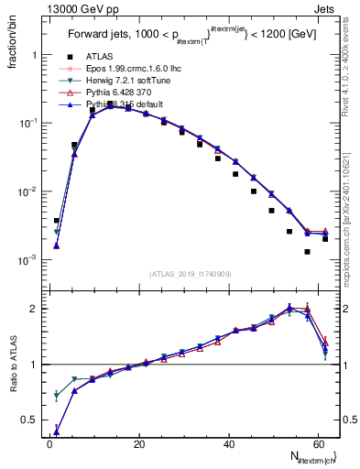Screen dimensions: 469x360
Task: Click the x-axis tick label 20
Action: click(x=138, y=444)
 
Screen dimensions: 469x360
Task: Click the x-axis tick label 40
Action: click(x=227, y=444)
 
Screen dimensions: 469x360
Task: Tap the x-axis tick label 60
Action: click(x=316, y=444)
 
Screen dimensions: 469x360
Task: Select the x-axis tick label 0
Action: click(x=49, y=444)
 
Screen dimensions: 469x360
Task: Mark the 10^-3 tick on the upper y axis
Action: click(x=28, y=260)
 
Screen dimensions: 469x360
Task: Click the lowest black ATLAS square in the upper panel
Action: click(x=308, y=251)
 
